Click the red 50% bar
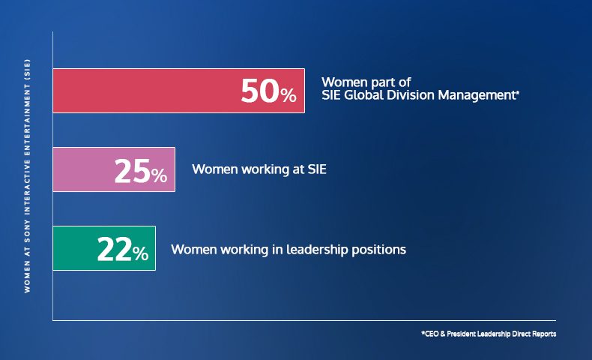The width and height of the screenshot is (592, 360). click(178, 91)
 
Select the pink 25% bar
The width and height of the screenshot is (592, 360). click(114, 169)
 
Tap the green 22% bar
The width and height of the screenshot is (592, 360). click(104, 248)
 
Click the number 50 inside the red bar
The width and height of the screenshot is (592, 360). click(260, 91)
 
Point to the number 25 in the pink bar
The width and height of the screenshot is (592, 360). click(133, 171)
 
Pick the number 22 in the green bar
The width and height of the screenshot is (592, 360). click(115, 249)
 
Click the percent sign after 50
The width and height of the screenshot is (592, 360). click(289, 95)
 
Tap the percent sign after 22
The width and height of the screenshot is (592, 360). click(140, 253)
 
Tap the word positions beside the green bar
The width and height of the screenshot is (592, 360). click(379, 250)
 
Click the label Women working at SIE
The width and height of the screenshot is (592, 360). click(259, 169)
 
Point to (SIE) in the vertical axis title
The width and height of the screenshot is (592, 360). click(27, 69)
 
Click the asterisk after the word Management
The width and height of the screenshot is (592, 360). click(518, 92)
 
